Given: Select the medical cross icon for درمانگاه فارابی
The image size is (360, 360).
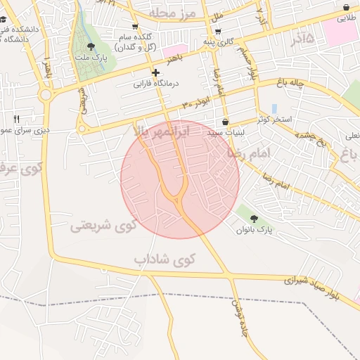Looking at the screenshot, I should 155,72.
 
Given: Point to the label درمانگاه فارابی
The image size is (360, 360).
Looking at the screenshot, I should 157,84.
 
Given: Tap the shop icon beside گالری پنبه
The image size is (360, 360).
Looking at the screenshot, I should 218,32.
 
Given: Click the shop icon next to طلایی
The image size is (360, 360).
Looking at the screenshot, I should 346,7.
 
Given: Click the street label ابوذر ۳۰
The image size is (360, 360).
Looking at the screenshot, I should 195,104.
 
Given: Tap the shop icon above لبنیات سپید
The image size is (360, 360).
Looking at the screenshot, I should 225,122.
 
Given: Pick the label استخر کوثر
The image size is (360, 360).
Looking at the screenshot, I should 274,120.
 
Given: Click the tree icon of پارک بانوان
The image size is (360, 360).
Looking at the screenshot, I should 254,219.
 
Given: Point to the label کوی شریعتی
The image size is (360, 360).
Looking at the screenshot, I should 103,226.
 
